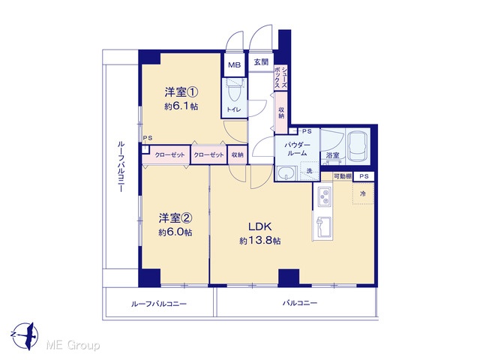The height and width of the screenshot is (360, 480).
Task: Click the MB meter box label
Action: (x=235, y=65)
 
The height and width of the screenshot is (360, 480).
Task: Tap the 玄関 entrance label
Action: (x=261, y=62)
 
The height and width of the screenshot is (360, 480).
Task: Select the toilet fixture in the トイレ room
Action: (x=235, y=90)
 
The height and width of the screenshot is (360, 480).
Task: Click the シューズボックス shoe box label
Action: (x=280, y=77)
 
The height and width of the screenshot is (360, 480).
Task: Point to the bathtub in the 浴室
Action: (x=358, y=146)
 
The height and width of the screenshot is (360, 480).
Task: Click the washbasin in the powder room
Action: (x=286, y=173)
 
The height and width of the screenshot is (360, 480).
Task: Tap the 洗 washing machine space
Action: (x=310, y=171)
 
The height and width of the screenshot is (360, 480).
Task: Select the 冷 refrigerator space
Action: (x=363, y=193)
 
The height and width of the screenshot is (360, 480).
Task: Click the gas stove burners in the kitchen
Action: (x=325, y=196)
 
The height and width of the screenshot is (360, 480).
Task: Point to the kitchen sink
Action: (x=323, y=227)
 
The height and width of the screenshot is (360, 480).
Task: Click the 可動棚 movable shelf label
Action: (x=343, y=176)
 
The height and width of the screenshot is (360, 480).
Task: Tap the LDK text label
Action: (x=259, y=226)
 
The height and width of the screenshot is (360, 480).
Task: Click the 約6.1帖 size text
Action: (x=181, y=106)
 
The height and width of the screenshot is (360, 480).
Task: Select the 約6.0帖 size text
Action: (x=175, y=232)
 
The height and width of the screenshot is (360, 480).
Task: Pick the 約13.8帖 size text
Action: (x=260, y=241)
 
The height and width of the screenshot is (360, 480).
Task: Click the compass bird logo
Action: (x=26, y=336)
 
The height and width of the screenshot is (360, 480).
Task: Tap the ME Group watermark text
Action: (x=73, y=345)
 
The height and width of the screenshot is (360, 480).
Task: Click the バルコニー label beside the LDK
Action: (x=300, y=303)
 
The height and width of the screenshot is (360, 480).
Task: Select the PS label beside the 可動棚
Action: (x=364, y=176)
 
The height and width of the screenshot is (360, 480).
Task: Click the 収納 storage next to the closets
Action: (x=237, y=154)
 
